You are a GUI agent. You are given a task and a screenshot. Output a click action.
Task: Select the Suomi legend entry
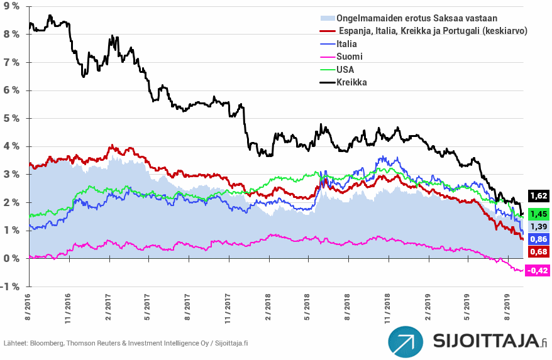coord(350,57)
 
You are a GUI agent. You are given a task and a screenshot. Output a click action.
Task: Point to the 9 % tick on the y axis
coord(13,7)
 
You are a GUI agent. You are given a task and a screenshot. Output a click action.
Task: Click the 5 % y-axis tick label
coord(13,118)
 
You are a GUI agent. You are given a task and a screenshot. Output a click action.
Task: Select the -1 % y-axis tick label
coord(11,286)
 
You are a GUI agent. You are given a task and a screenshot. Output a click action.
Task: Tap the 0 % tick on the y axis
coord(13,258)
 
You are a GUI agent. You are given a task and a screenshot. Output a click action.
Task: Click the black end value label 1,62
coord(539,196)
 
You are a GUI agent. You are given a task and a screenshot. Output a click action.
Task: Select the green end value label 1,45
coord(539,213)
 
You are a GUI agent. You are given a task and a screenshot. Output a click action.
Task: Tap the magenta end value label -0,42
coord(538,271)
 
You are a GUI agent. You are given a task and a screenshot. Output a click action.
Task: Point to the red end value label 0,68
coord(539,252)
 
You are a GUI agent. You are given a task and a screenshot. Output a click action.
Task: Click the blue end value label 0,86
coord(539,239)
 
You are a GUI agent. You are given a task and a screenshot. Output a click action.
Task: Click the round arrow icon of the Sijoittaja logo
coord(406,341)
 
